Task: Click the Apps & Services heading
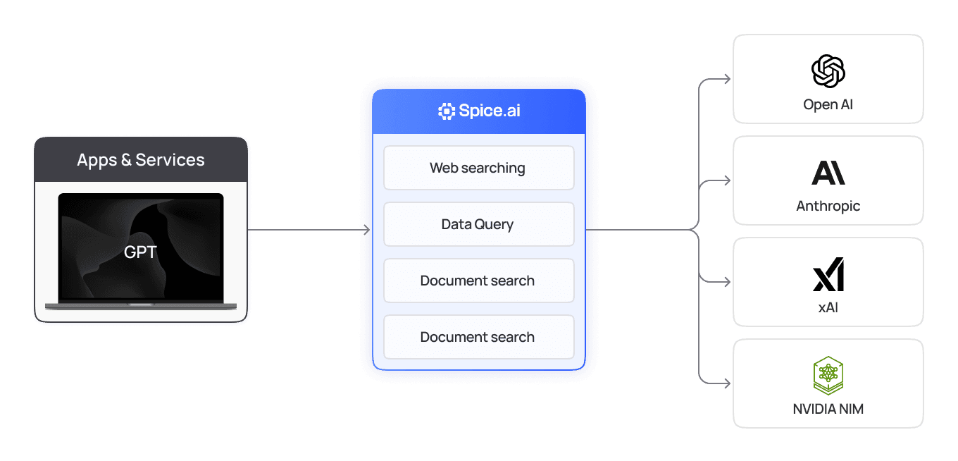(141, 160)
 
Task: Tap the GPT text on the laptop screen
(140, 252)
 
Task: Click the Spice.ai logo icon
(446, 111)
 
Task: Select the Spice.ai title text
(490, 111)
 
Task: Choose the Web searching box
(478, 168)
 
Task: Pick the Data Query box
(478, 224)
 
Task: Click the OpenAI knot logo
(828, 71)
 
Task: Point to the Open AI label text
(828, 105)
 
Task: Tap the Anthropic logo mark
(828, 173)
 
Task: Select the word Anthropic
(828, 207)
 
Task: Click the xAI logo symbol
(828, 274)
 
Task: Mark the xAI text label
(828, 307)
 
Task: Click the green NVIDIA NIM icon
(828, 375)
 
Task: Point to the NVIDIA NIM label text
(828, 409)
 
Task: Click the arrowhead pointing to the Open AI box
(727, 80)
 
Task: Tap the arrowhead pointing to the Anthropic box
(727, 181)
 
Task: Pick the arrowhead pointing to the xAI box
(727, 283)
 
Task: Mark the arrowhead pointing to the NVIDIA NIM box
(727, 384)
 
